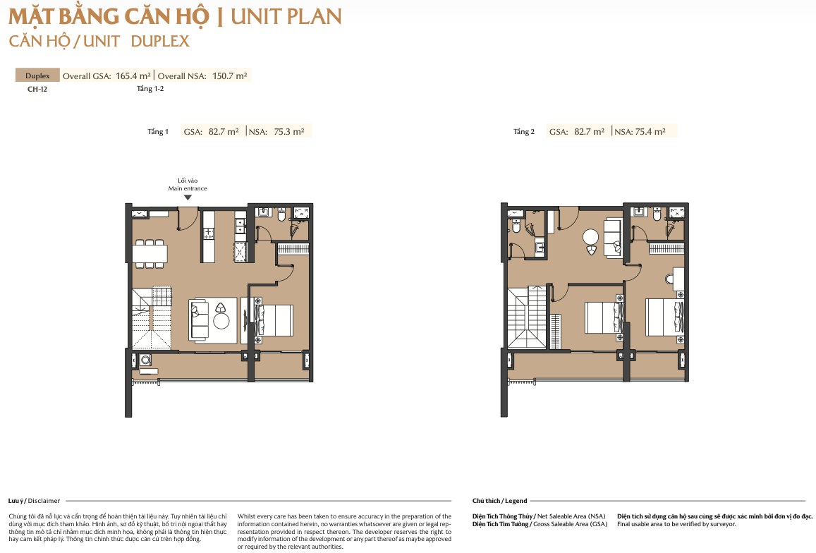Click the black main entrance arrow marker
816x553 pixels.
coord(188,197)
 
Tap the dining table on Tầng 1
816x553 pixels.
coord(150,254)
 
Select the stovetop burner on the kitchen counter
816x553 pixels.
coord(208,233)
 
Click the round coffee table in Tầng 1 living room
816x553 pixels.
coord(221,321)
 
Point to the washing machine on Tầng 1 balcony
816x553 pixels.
coord(145,359)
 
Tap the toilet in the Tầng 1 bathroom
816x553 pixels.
coord(282,214)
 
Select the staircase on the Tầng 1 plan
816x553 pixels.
coord(152,319)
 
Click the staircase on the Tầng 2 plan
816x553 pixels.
coord(527,317)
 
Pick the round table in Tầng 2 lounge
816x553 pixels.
coord(590,238)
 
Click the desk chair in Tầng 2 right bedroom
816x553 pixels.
coord(669,279)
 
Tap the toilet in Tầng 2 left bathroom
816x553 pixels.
coord(516,226)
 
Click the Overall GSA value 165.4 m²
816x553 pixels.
coord(133,75)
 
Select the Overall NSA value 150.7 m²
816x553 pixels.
coord(229,75)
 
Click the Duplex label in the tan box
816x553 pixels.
coord(37,75)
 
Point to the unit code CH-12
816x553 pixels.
coord(37,89)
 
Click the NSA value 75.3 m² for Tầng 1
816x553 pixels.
coord(289,132)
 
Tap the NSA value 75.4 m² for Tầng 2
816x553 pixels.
coord(650,132)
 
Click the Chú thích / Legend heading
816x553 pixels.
coord(499,500)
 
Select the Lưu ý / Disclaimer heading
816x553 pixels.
coord(34,500)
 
